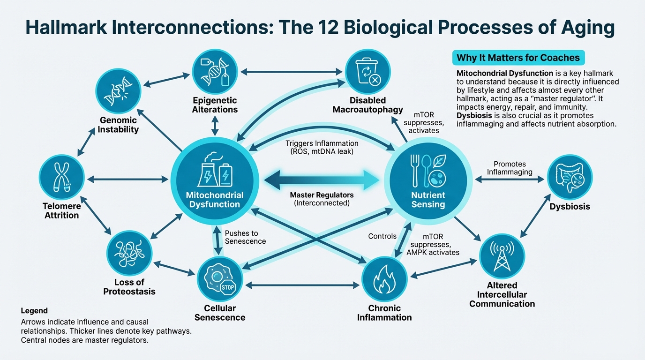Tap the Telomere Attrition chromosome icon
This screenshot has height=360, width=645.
click(x=61, y=178)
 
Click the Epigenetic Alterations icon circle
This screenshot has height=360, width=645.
click(x=215, y=72)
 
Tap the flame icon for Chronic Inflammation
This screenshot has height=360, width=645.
click(x=384, y=279)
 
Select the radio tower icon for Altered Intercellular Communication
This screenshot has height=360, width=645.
click(x=502, y=256)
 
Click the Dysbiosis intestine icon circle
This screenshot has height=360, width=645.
click(x=570, y=178)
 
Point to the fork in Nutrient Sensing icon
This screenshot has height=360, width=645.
click(x=415, y=171)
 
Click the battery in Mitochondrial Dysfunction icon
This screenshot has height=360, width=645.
click(x=225, y=176)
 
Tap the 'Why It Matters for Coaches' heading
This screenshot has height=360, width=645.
click(x=518, y=58)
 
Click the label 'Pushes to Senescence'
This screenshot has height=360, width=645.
click(x=245, y=237)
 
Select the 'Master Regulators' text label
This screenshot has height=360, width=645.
click(x=322, y=195)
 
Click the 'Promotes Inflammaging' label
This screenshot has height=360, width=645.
click(x=510, y=168)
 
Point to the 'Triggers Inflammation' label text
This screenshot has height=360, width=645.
click(x=322, y=143)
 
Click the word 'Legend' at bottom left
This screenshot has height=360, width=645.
click(x=34, y=311)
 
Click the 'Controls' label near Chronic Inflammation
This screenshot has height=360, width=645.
click(x=382, y=236)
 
